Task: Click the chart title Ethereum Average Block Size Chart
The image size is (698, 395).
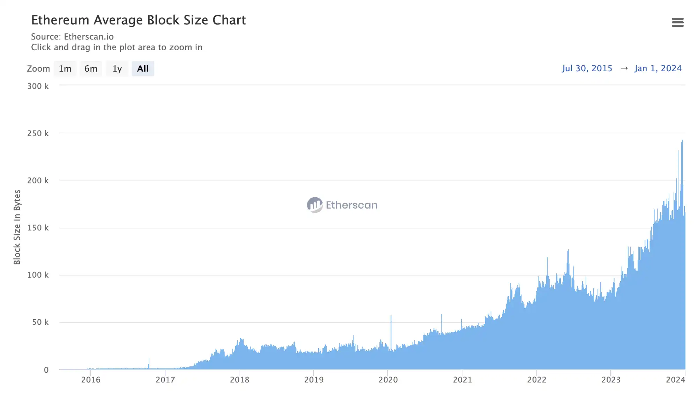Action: pyautogui.click(x=138, y=20)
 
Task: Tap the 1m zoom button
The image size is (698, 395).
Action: pyautogui.click(x=65, y=68)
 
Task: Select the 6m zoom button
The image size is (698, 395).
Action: pyautogui.click(x=91, y=68)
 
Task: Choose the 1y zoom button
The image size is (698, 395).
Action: pyautogui.click(x=117, y=68)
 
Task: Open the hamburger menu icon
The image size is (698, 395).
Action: pyautogui.click(x=677, y=22)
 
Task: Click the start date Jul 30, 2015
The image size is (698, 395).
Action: pyautogui.click(x=587, y=68)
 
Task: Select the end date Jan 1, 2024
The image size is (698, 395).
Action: pyautogui.click(x=658, y=68)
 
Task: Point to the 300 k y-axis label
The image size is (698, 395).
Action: pyautogui.click(x=38, y=86)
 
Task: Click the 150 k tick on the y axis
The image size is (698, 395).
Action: pyautogui.click(x=38, y=228)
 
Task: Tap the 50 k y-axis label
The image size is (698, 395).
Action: pyautogui.click(x=40, y=322)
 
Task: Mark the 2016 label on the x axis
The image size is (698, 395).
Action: pyautogui.click(x=91, y=380)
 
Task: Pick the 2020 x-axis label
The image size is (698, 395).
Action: pyautogui.click(x=388, y=380)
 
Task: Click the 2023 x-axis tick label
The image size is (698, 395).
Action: pyautogui.click(x=611, y=380)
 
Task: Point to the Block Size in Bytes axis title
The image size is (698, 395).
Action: pyautogui.click(x=17, y=227)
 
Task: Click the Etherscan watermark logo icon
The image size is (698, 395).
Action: pyautogui.click(x=314, y=205)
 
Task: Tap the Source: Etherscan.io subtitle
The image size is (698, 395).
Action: pyautogui.click(x=72, y=37)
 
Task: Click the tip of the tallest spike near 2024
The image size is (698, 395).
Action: pyautogui.click(x=682, y=140)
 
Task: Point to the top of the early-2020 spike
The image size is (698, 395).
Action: pyautogui.click(x=391, y=316)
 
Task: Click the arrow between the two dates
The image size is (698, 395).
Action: pyautogui.click(x=624, y=68)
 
